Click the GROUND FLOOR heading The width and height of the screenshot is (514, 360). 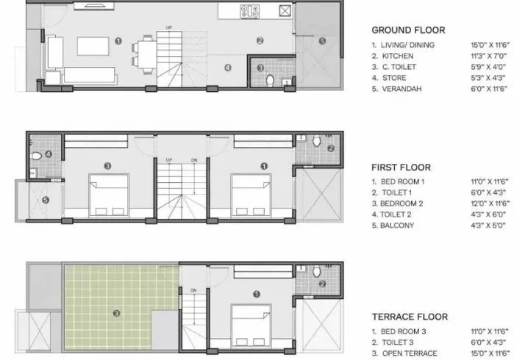[x=407, y=30]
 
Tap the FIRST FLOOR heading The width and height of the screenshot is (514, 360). [x=401, y=167]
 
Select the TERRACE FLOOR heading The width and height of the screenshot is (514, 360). [x=410, y=317]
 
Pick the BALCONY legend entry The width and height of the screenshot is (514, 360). [x=396, y=226]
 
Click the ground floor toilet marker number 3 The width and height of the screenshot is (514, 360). [x=261, y=68]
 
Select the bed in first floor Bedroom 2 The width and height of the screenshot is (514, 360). [x=108, y=192]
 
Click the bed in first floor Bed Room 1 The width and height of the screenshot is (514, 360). [x=250, y=192]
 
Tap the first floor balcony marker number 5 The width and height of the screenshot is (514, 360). [x=46, y=198]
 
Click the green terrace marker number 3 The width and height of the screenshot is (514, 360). [x=116, y=314]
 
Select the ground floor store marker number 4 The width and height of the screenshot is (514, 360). [x=228, y=68]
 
